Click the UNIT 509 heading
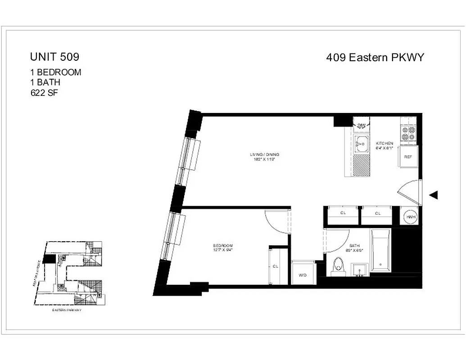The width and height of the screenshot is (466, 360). (54, 57)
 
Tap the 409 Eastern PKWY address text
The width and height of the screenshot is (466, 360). (375, 57)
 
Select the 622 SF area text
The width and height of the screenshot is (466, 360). (44, 93)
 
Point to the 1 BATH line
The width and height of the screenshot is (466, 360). (45, 83)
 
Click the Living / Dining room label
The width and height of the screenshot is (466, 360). (262, 156)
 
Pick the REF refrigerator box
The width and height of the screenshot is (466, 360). (408, 157)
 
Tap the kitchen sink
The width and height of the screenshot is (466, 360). (360, 144)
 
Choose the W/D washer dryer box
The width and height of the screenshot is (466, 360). (302, 275)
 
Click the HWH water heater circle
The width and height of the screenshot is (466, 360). (411, 217)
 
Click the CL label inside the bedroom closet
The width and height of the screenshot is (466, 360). (276, 266)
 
